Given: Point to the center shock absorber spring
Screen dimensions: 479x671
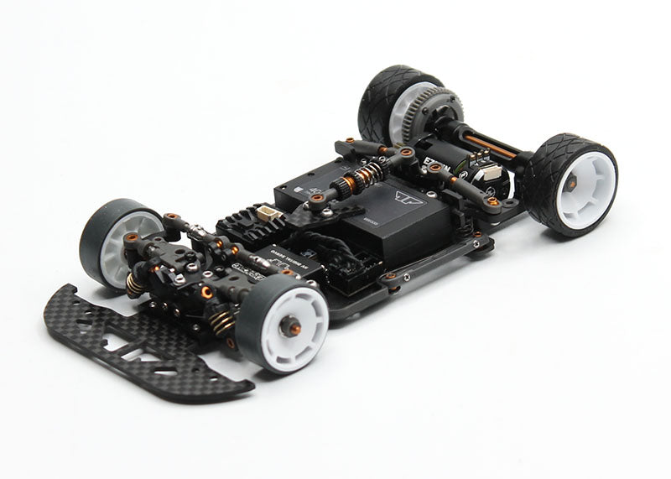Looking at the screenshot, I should click(366, 180).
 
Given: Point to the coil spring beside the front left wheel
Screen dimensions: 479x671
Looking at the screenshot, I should click(134, 283).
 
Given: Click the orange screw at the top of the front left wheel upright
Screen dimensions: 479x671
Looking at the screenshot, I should click(172, 217).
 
